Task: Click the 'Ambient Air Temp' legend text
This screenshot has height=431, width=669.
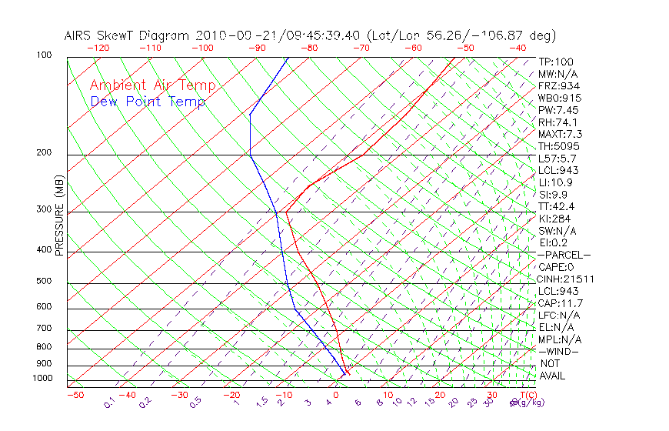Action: (152, 85)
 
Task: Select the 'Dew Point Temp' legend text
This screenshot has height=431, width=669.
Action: (148, 102)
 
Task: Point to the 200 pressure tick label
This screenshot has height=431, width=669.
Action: (44, 152)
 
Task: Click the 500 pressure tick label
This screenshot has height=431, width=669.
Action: (44, 282)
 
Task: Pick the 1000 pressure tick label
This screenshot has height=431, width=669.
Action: (42, 378)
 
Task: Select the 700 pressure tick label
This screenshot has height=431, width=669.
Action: (44, 329)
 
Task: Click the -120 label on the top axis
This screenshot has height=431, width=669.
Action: (98, 48)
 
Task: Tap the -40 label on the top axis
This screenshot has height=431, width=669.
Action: (518, 48)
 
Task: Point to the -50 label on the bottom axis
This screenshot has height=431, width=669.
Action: (75, 395)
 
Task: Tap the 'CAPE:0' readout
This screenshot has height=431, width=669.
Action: (556, 266)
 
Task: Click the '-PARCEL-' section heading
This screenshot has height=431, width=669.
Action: (564, 255)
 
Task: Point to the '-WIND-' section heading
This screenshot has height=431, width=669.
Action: (559, 351)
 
